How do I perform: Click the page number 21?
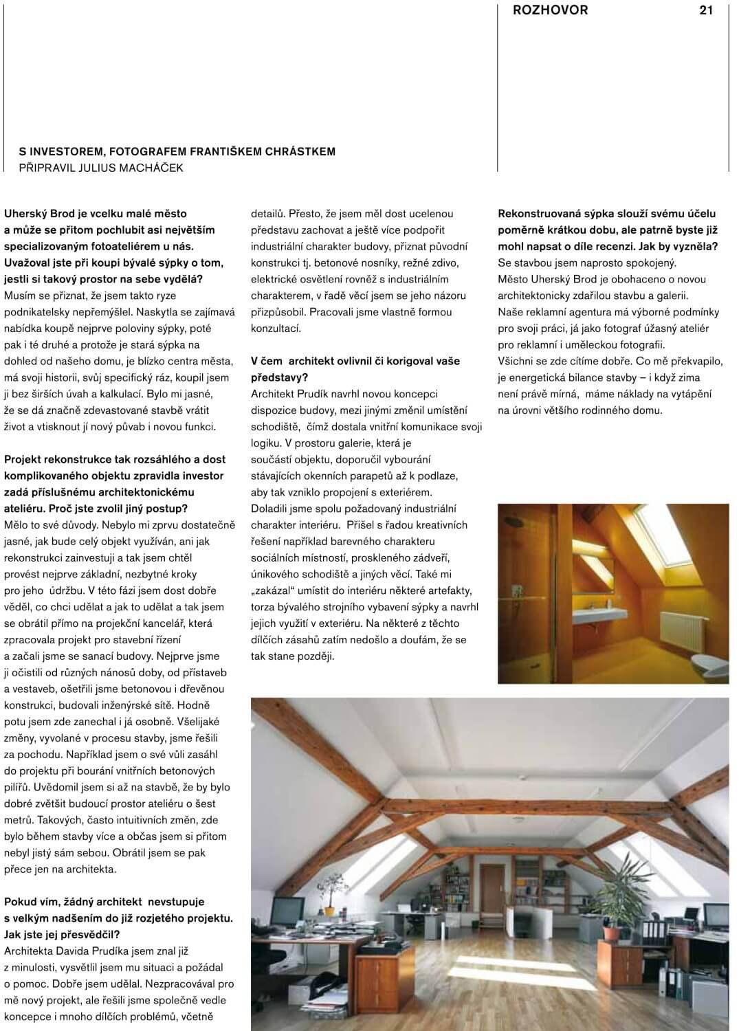click(x=706, y=10)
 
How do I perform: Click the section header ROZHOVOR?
click(x=550, y=10)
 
